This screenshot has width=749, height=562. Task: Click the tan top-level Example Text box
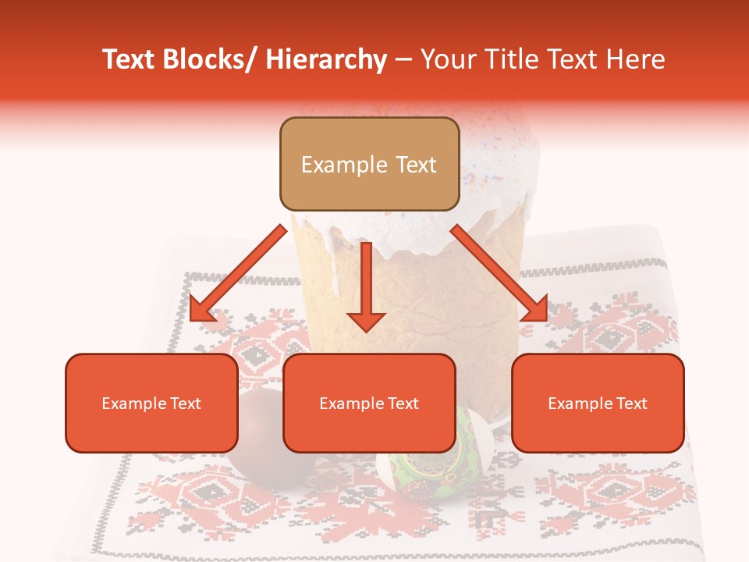[x=369, y=164]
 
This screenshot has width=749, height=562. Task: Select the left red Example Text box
[x=151, y=403]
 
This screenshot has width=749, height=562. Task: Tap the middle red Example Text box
[x=369, y=403]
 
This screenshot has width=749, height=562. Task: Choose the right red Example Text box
[x=598, y=403]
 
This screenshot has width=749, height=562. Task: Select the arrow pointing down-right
[x=499, y=273]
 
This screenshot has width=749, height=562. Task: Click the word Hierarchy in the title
[x=325, y=59]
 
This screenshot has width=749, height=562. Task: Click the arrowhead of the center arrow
[x=366, y=320]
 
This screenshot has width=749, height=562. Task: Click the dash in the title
[x=403, y=59]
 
